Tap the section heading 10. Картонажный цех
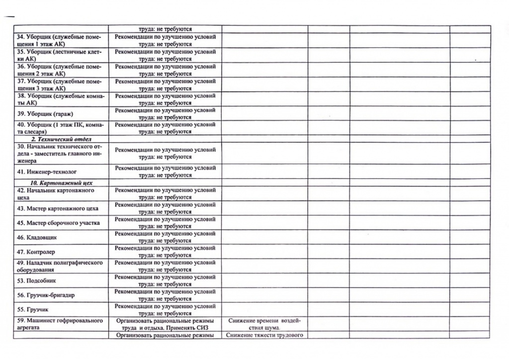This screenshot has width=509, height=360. [58, 182]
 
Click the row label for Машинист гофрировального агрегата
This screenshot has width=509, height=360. [60, 324]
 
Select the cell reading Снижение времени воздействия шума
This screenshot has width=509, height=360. [264, 324]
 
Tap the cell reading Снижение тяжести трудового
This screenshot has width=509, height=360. [264, 335]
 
